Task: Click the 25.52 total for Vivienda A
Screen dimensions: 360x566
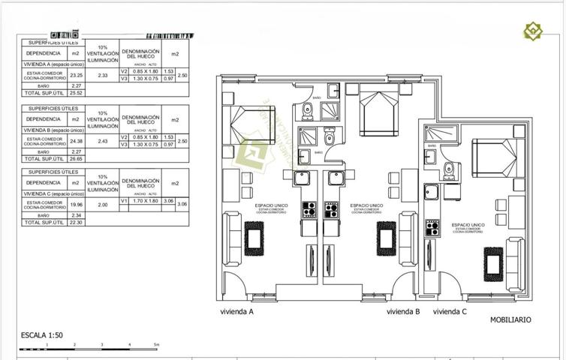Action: point(76,94)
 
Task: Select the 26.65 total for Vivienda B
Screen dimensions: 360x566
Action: point(76,159)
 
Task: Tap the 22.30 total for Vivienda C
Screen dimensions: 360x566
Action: point(76,223)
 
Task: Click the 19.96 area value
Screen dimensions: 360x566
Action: point(76,204)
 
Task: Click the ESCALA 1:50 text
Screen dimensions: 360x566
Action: point(42,335)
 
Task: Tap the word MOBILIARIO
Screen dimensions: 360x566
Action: point(510,319)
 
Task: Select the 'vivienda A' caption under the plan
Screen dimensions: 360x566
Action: point(236,311)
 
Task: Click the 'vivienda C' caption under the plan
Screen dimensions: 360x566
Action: point(450,311)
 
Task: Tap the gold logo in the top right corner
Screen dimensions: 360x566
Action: point(533,31)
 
